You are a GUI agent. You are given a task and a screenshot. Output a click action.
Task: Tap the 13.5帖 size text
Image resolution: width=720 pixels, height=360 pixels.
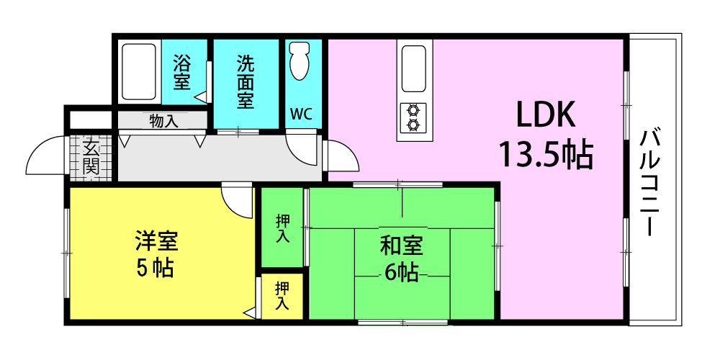click(x=546, y=156)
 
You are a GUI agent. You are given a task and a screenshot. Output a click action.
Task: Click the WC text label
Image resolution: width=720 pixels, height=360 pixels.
click(x=302, y=114)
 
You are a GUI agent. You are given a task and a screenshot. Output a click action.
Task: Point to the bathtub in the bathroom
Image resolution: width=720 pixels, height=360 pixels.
click(x=139, y=72)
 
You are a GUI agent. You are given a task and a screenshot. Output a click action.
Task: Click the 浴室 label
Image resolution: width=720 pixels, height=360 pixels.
click(x=182, y=72)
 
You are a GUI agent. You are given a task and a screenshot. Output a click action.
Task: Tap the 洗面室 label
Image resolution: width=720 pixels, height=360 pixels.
click(x=246, y=82)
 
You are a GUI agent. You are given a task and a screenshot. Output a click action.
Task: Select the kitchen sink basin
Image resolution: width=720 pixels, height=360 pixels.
click(x=414, y=68)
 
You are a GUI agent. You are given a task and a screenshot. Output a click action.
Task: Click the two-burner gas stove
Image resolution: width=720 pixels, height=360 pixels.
click(x=413, y=117)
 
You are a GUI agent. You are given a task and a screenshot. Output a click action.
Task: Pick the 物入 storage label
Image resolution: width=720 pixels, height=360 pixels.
click(x=163, y=122)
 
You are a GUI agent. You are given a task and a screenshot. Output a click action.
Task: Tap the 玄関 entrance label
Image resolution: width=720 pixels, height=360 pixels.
click(x=91, y=157)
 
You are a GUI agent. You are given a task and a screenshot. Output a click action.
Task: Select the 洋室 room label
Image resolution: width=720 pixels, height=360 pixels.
click(x=156, y=241)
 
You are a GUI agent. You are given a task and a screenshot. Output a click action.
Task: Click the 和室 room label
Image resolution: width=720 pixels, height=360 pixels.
click(x=401, y=248)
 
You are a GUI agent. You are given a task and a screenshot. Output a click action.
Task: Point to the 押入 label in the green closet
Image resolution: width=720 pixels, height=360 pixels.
click(x=282, y=229)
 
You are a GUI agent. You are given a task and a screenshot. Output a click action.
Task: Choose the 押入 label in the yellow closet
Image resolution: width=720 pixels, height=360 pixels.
click(x=282, y=296)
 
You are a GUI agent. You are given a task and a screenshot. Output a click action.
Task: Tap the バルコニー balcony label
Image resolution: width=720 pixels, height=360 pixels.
click(x=649, y=182)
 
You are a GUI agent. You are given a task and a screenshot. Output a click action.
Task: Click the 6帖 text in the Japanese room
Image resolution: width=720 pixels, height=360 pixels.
click(x=401, y=274)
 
